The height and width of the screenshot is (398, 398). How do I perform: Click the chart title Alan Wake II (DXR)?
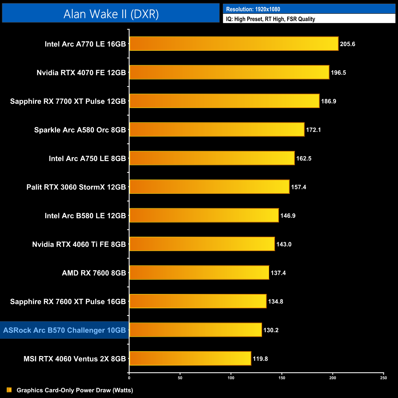(x=111, y=14)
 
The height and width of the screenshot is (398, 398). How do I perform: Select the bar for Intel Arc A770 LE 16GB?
(x=234, y=44)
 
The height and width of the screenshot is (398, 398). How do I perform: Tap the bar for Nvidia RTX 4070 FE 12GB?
(x=229, y=72)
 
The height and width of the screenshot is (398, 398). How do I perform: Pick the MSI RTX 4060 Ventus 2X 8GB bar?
(x=190, y=359)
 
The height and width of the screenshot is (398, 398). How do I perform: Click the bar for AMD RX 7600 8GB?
(x=199, y=273)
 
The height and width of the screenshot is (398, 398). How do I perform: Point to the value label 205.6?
(x=347, y=44)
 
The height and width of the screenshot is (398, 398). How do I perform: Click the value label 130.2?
(x=271, y=330)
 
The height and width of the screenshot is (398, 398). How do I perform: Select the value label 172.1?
(x=313, y=130)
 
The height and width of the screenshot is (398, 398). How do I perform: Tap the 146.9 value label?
(x=288, y=216)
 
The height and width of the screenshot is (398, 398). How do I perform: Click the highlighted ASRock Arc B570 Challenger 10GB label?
(x=64, y=330)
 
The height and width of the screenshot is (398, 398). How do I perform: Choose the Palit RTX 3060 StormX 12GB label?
(x=76, y=187)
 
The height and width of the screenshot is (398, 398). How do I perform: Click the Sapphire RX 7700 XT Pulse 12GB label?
(x=68, y=101)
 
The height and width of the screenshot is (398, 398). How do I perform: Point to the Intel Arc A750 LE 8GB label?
(x=87, y=159)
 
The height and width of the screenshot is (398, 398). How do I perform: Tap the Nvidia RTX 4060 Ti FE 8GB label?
(x=79, y=244)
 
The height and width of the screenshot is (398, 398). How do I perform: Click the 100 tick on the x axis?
(x=231, y=378)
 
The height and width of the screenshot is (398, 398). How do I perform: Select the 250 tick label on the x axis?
(x=383, y=378)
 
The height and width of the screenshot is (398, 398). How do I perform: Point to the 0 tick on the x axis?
(x=129, y=378)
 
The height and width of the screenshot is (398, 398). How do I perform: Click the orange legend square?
(x=9, y=390)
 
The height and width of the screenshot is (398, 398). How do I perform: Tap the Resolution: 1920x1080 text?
(x=253, y=9)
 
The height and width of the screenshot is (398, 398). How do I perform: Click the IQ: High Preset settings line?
(x=270, y=19)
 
